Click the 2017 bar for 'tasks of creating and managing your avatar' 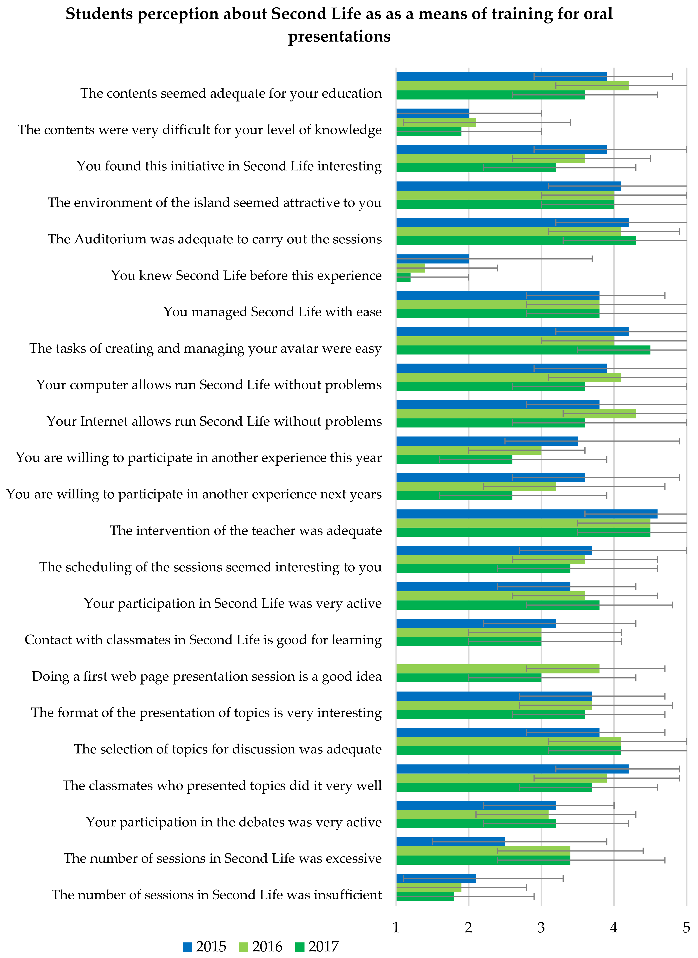(523, 350)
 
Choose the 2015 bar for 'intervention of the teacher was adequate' (526, 514)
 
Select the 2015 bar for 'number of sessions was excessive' (450, 842)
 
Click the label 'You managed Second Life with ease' (273, 312)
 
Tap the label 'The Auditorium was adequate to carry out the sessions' (215, 239)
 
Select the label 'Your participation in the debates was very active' (234, 822)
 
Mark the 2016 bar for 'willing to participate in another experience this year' (469, 450)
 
